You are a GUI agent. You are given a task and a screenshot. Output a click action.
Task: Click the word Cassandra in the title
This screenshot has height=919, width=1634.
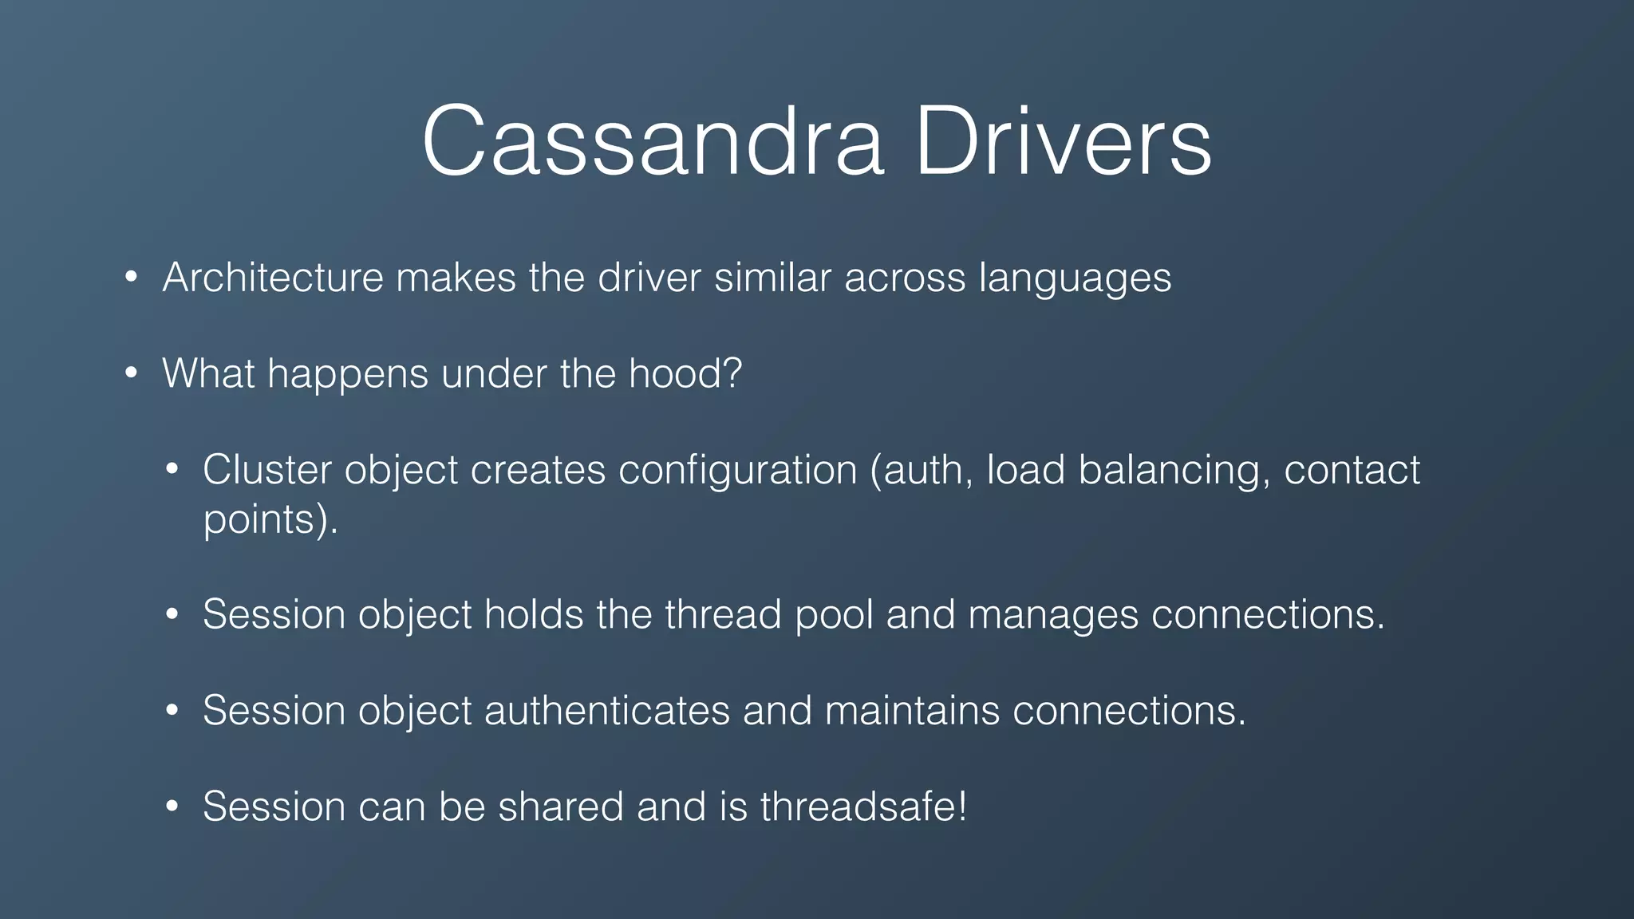pyautogui.click(x=653, y=142)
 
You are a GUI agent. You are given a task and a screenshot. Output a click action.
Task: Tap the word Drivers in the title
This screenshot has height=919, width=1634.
pyautogui.click(x=1063, y=142)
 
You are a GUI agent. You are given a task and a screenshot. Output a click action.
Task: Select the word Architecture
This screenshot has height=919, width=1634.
pyautogui.click(x=273, y=278)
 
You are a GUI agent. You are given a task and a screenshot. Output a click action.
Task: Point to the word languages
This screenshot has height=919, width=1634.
pyautogui.click(x=1075, y=279)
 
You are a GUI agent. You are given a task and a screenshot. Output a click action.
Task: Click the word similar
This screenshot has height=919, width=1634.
pyautogui.click(x=772, y=278)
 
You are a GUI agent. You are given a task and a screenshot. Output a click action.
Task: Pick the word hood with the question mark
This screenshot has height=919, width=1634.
pyautogui.click(x=685, y=373)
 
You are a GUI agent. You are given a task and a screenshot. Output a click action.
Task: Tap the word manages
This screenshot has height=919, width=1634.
pyautogui.click(x=1053, y=616)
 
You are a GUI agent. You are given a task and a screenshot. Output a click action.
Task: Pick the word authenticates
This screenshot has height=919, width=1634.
pyautogui.click(x=606, y=710)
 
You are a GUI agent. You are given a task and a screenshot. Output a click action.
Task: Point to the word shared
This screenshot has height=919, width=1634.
pyautogui.click(x=562, y=806)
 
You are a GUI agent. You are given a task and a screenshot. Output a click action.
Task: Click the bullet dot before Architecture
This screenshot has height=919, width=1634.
pyautogui.click(x=132, y=278)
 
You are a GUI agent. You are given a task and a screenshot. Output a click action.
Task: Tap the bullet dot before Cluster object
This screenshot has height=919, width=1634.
pyautogui.click(x=172, y=470)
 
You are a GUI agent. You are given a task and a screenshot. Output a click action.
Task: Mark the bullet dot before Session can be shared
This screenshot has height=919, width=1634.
pyautogui.click(x=172, y=807)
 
